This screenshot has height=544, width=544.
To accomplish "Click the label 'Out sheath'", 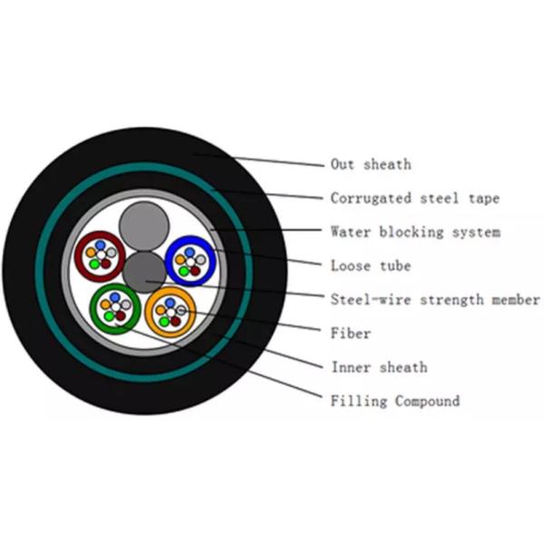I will tap(371, 164).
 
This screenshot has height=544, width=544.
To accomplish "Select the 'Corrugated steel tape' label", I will tap(414, 198).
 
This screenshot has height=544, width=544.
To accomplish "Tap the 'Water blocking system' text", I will tap(414, 232).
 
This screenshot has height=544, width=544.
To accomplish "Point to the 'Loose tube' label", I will tap(371, 266).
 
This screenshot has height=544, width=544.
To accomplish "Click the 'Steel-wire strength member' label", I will tap(435, 299).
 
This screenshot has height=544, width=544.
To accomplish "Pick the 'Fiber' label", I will tap(351, 334).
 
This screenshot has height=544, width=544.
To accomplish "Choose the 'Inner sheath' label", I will tap(378, 367).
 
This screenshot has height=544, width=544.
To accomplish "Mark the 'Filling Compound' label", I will tap(394, 401).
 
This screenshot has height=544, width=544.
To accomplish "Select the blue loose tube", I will tap(191, 259).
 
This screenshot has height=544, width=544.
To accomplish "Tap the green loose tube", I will tap(115, 307).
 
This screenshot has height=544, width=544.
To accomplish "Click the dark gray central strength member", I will tap(145, 270).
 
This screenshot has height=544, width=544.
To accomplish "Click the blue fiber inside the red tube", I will tap(101, 246).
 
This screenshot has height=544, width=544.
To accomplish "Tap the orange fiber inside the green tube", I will tap(107, 306).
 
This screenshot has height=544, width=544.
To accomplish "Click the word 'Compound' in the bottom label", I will tap(427, 401).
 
